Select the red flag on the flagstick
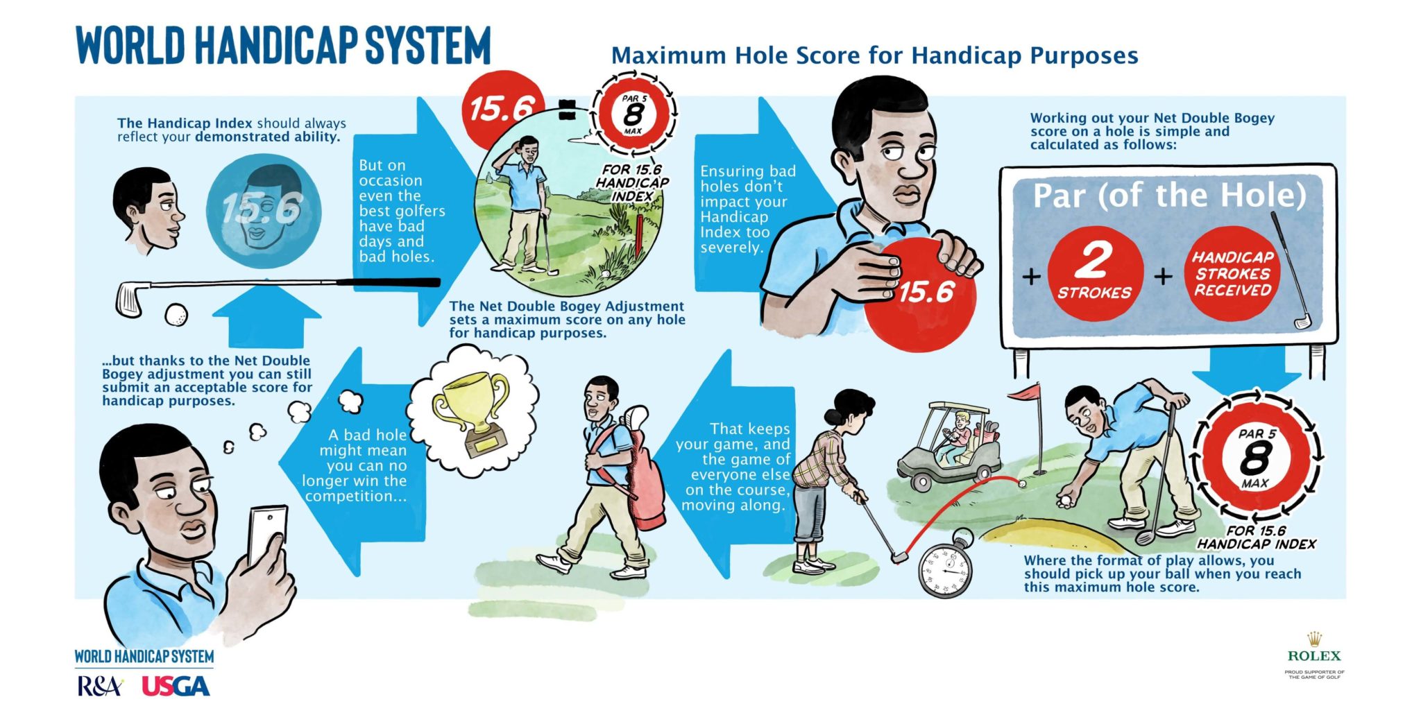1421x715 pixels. pyautogui.click(x=1023, y=393)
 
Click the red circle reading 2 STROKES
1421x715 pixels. pyautogui.click(x=1094, y=273)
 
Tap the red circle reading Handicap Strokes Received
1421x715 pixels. pyautogui.click(x=1232, y=273)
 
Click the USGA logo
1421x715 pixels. pyautogui.click(x=176, y=686)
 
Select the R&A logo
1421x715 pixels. pyautogui.click(x=100, y=686)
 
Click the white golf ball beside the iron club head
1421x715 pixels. pyautogui.click(x=176, y=314)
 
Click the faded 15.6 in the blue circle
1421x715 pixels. pyautogui.click(x=263, y=208)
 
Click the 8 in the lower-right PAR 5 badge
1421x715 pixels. pyautogui.click(x=1256, y=458)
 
